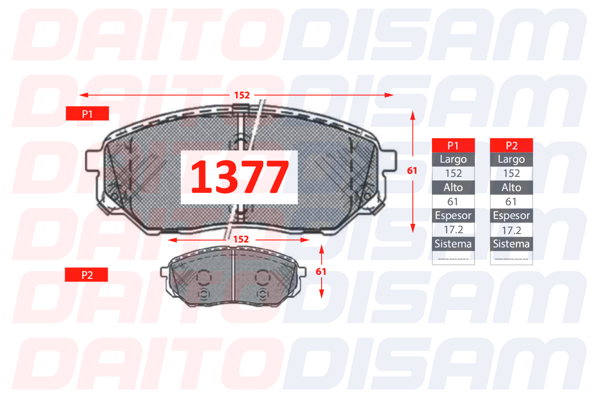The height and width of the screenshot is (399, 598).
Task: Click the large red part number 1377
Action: (240, 176)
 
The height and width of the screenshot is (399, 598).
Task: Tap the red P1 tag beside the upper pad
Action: (87, 113)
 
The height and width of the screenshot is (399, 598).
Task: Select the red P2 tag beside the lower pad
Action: (86, 275)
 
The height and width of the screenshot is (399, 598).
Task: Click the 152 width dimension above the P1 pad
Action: (242, 95)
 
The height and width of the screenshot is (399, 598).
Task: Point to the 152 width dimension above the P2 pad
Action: (241, 239)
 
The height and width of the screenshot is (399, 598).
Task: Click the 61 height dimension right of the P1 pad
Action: (412, 171)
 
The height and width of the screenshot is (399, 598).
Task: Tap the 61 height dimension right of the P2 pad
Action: (321, 272)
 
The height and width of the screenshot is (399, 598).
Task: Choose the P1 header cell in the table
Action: (453, 145)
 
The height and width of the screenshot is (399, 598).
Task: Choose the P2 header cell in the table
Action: (511, 145)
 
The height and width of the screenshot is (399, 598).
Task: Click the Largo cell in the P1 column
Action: (453, 160)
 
